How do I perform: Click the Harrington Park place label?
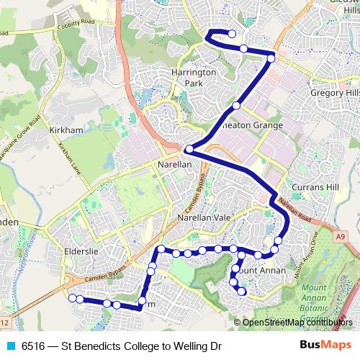[193, 78]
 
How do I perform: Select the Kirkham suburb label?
[67, 130]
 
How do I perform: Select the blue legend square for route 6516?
[9, 346]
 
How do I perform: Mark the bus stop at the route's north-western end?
[233, 34]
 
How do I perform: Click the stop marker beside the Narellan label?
[189, 150]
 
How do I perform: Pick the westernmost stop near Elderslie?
[71, 298]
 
